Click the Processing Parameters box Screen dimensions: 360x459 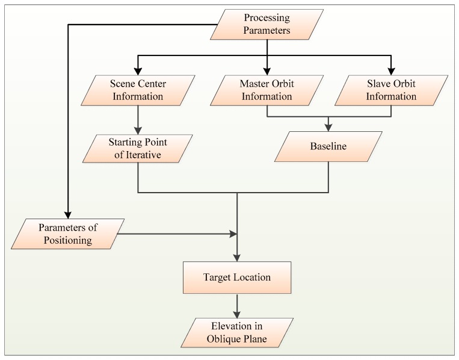coord(266,25)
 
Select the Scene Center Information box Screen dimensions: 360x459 coord(138,89)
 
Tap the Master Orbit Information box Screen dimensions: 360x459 coord(266,89)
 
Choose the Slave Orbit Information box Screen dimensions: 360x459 coord(392,89)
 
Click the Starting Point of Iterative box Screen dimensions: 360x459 coord(138,148)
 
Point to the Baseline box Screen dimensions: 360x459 coord(328,147)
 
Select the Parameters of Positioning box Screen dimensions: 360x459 coord(67,234)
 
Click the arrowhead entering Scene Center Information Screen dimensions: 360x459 coord(138,70)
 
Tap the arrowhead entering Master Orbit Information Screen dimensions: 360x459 coord(266,70)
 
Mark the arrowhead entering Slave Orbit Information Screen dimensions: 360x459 coord(392,70)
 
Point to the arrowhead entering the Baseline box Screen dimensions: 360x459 coord(328,128)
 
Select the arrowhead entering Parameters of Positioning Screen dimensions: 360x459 coord(67,216)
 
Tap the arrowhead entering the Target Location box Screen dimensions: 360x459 coord(238,258)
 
